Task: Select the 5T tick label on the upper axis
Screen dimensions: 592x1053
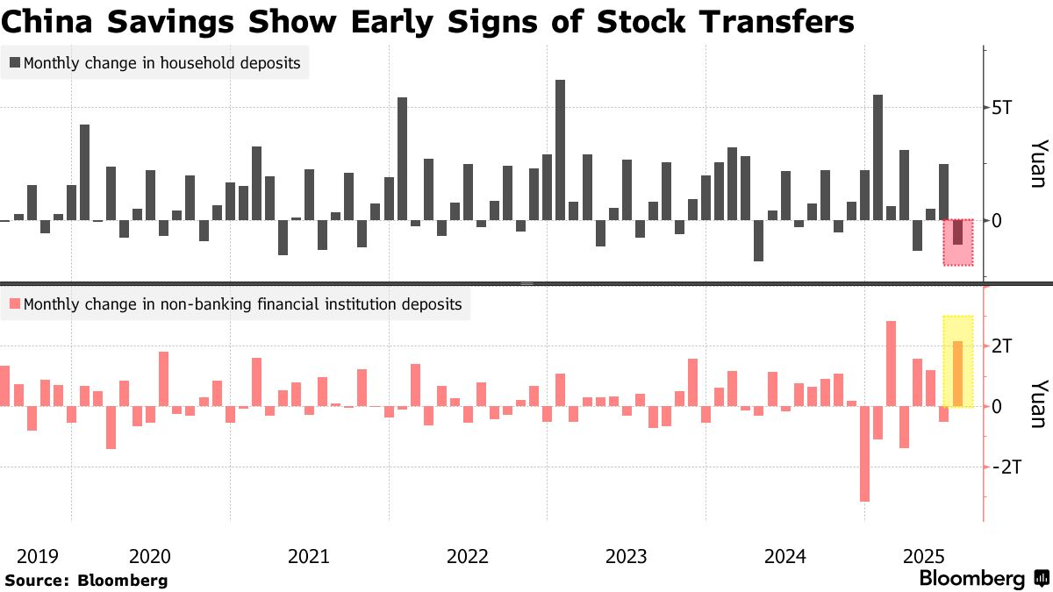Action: tap(1001, 109)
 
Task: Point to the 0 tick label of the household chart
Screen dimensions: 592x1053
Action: tap(996, 220)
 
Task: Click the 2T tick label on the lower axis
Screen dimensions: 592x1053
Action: tap(1001, 346)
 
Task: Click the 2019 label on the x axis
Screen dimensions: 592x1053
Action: tap(37, 556)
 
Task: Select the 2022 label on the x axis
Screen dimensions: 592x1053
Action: tap(467, 556)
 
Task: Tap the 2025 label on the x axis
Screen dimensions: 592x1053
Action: tap(923, 556)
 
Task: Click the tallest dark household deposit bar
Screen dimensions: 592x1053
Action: tap(560, 149)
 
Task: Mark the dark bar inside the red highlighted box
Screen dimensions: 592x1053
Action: tap(957, 232)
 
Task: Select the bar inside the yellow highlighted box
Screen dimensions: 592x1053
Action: tap(957, 374)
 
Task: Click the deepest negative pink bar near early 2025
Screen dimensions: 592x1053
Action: tap(864, 453)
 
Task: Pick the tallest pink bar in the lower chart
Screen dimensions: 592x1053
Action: tap(891, 363)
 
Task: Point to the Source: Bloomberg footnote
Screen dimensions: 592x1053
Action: tap(86, 581)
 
